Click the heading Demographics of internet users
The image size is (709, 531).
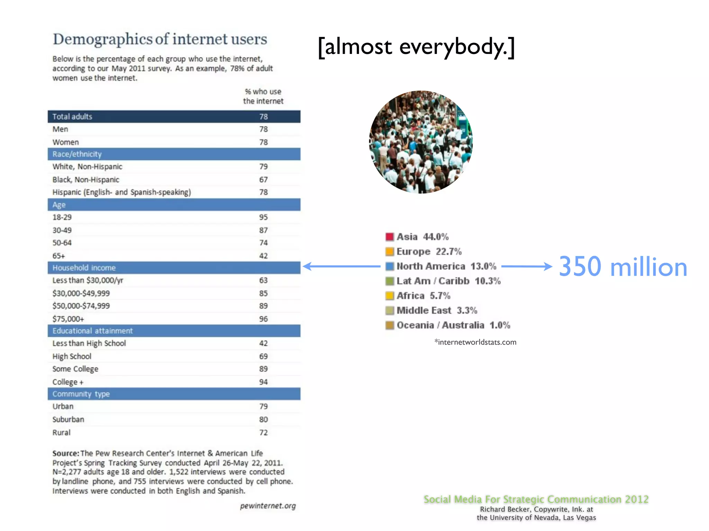(160, 39)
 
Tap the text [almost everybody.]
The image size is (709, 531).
(416, 47)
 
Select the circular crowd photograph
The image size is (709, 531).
(421, 142)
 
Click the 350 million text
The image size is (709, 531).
(622, 267)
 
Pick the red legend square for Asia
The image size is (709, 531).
(389, 237)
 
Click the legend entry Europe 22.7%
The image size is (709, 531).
(429, 252)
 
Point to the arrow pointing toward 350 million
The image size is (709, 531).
(526, 266)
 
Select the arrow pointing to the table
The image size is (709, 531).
(341, 266)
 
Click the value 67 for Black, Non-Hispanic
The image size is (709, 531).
(263, 180)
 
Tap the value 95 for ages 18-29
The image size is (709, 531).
(263, 217)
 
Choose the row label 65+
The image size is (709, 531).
(59, 256)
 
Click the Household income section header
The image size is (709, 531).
(84, 268)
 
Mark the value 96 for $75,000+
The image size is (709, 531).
(263, 319)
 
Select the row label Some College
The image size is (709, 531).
(75, 369)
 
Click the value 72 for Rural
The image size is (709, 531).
(263, 432)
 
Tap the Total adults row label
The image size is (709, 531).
(72, 117)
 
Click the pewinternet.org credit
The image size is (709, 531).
(268, 506)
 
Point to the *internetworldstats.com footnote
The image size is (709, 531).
(475, 342)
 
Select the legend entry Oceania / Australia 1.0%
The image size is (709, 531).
(453, 325)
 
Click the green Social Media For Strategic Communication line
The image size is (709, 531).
(536, 499)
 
